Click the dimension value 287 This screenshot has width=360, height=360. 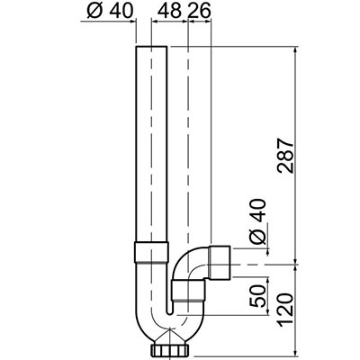tap(285, 156)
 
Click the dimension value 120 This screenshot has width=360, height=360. tap(284, 309)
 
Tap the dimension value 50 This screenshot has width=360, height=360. tap(258, 296)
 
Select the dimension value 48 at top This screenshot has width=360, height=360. tap(169, 12)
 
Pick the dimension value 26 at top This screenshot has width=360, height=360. tap(199, 12)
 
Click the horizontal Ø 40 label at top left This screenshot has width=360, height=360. tap(110, 12)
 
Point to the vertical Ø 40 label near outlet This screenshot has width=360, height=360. tap(258, 221)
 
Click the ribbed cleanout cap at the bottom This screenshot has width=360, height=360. tap(170, 349)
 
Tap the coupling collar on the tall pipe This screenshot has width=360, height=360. tap(151, 252)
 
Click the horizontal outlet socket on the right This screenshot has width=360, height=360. tap(220, 263)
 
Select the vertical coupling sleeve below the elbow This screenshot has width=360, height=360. tap(189, 290)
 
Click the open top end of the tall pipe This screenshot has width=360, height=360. tap(151, 47)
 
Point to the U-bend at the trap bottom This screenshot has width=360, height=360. tap(169, 327)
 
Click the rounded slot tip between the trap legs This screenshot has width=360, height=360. tap(169, 313)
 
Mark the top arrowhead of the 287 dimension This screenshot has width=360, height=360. tap(296, 49)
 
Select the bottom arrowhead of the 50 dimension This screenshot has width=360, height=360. tap(267, 312)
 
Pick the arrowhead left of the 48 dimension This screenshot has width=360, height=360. tap(155, 21)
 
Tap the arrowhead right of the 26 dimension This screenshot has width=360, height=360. tap(208, 21)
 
